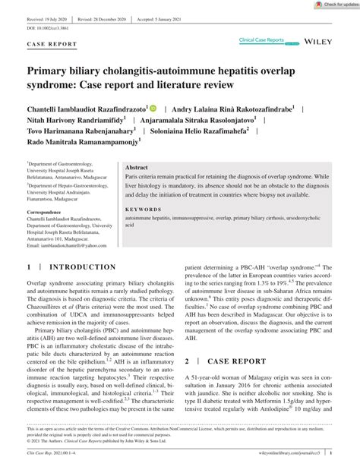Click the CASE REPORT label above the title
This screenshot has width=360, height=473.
(51, 45)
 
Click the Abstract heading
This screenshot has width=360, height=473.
(137, 167)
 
